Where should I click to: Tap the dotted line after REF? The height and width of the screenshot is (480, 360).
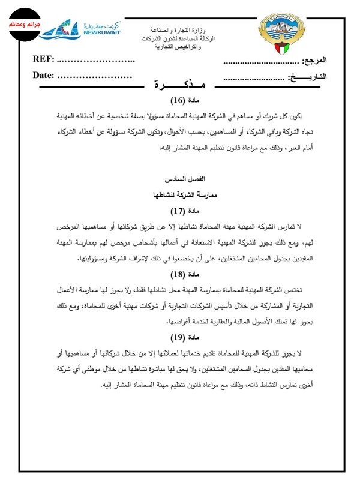point(96,60)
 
